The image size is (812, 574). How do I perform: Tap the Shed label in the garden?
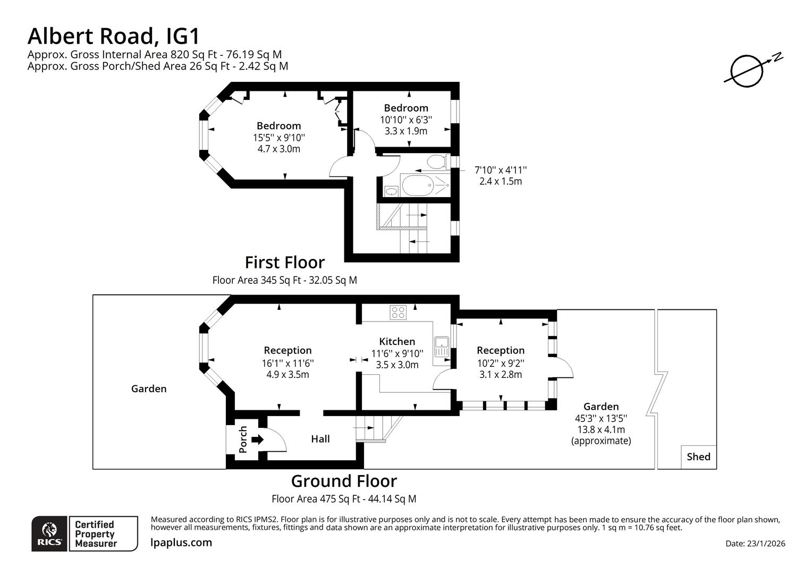pyautogui.click(x=698, y=457)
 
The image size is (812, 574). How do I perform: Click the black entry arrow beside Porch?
pyautogui.click(x=257, y=440)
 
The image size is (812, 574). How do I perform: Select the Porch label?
pyautogui.click(x=243, y=440)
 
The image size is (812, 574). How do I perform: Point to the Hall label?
pyautogui.click(x=320, y=439)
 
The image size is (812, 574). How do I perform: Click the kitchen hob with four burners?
pyautogui.click(x=398, y=313)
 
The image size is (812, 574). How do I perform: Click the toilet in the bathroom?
pyautogui.click(x=437, y=161)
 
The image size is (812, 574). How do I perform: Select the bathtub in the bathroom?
pyautogui.click(x=422, y=185)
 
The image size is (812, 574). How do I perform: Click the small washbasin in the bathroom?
pyautogui.click(x=391, y=191)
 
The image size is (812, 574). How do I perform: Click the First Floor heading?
pyautogui.click(x=284, y=263)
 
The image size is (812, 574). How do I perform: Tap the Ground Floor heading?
pyautogui.click(x=344, y=481)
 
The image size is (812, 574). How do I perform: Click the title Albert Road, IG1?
pyautogui.click(x=114, y=36)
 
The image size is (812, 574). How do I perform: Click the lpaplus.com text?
pyautogui.click(x=181, y=543)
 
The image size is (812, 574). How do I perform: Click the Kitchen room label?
pyautogui.click(x=397, y=342)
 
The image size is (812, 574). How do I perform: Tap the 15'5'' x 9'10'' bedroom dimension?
pyautogui.click(x=279, y=138)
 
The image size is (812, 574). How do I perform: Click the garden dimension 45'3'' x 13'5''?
pyautogui.click(x=601, y=418)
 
